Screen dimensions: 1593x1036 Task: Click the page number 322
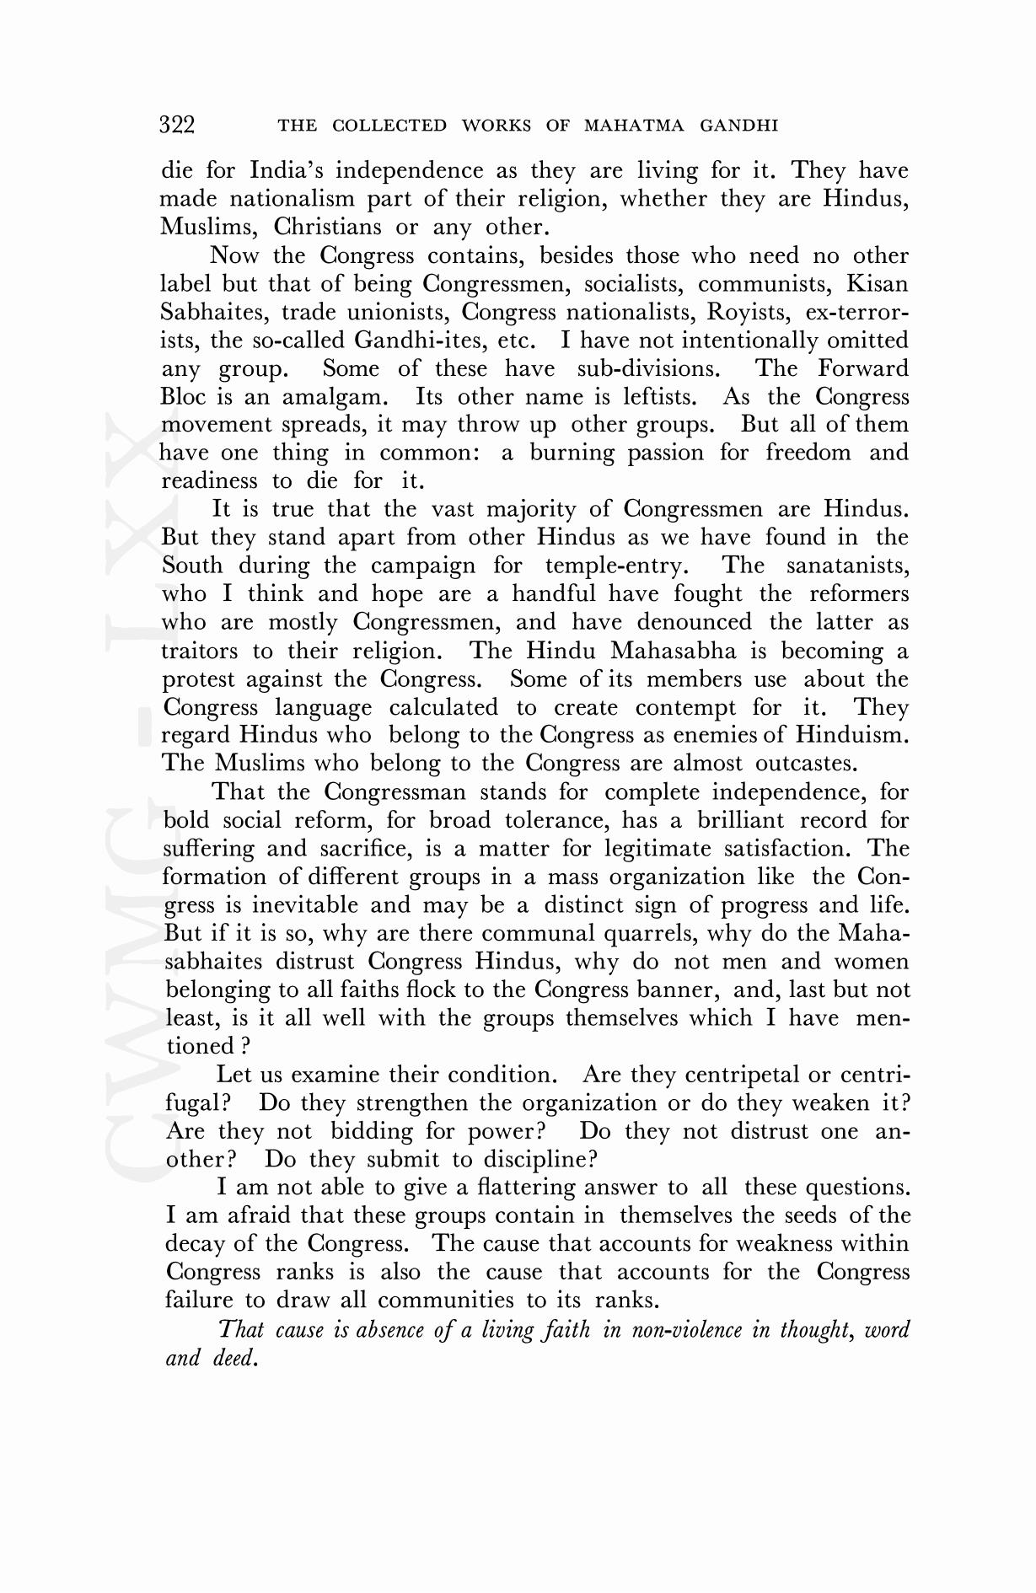[x=177, y=126]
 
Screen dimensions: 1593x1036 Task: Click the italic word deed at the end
[x=233, y=1358]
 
